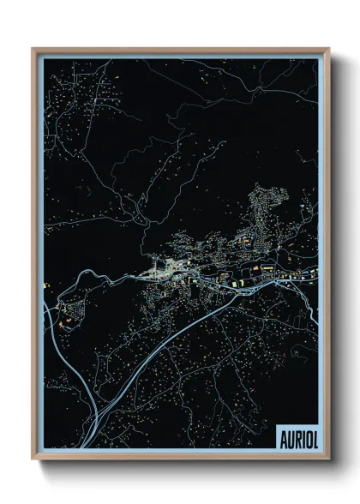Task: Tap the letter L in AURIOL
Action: (x=314, y=435)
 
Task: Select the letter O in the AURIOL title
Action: (x=306, y=435)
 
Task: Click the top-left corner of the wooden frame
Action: (x=33, y=49)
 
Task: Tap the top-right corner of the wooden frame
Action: (x=328, y=49)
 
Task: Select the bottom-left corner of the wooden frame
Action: (x=33, y=459)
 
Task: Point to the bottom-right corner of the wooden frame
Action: (x=328, y=459)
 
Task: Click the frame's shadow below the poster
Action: (x=180, y=466)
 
